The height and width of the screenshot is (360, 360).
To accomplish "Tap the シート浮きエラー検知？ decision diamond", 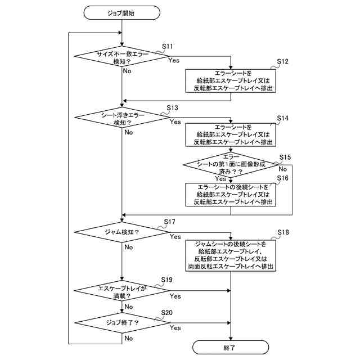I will click(x=121, y=118).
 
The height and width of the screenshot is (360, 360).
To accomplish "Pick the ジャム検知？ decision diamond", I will click(x=121, y=232).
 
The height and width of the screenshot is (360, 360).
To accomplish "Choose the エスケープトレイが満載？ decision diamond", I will click(x=121, y=291).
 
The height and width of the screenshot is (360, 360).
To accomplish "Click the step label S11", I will click(x=168, y=46).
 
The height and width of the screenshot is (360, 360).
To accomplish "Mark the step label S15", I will click(x=285, y=157).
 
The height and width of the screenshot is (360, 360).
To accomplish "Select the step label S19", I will click(x=167, y=280).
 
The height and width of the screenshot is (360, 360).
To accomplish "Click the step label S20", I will click(x=167, y=312).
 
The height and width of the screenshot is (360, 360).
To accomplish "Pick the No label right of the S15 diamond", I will click(x=283, y=168).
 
